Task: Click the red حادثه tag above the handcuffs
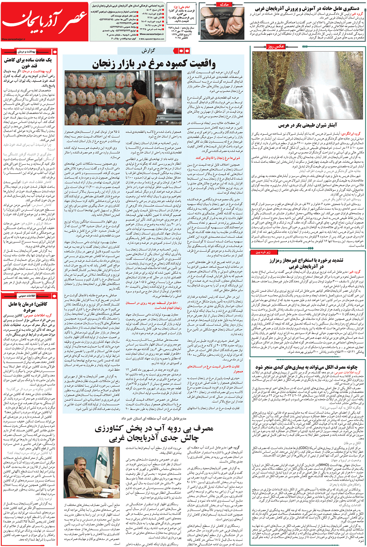coord(224,5)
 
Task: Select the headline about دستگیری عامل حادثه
coord(307,8)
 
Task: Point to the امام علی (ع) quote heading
coord(182,7)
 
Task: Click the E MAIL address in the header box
coord(152,39)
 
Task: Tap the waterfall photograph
coord(308,85)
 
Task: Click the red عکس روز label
coord(276,47)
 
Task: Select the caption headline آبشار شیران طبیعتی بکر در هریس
coord(307,125)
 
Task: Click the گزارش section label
coord(148,51)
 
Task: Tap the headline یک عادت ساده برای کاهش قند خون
coord(28,62)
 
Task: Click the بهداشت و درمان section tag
coord(27,52)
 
